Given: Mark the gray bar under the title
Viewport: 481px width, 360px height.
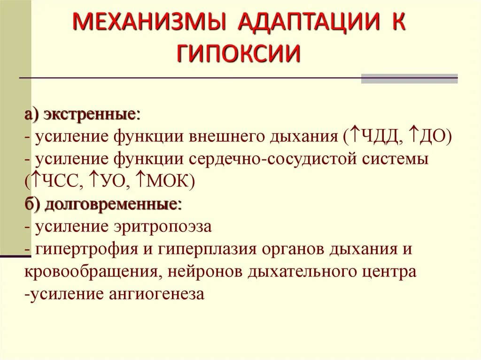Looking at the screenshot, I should (x=409, y=78).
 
